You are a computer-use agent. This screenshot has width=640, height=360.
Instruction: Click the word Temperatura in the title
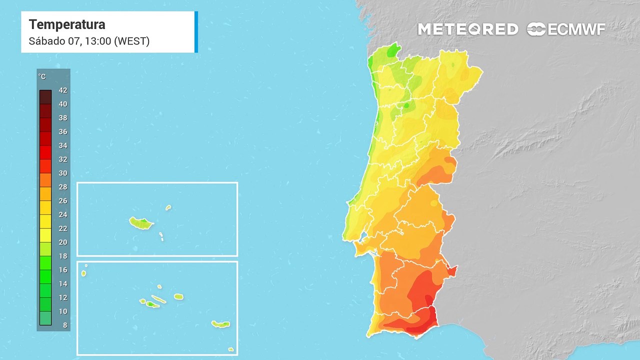pyautogui.click(x=67, y=24)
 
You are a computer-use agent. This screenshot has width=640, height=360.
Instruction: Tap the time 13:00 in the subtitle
pyautogui.click(x=98, y=41)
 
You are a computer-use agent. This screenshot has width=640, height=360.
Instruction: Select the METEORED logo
pyautogui.click(x=468, y=29)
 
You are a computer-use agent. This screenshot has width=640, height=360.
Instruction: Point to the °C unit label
pyautogui.click(x=42, y=76)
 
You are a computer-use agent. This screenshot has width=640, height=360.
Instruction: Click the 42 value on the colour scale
pyautogui.click(x=63, y=90)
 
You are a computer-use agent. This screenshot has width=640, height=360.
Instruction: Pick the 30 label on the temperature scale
pyautogui.click(x=63, y=173)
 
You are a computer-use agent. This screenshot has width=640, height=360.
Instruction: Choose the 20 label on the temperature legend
pyautogui.click(x=63, y=242)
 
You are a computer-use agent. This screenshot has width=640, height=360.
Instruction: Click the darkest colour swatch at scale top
pyautogui.click(x=45, y=96)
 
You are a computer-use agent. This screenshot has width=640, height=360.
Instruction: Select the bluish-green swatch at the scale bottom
pyautogui.click(x=45, y=318)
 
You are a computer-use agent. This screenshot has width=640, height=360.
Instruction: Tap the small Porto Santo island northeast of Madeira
pyautogui.click(x=168, y=207)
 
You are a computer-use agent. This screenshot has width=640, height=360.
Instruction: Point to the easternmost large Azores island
pyautogui.click(x=220, y=324)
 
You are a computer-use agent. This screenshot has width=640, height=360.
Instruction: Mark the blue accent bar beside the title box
pyautogui.click(x=196, y=31)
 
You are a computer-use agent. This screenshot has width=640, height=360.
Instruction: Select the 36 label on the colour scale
pyautogui.click(x=63, y=132)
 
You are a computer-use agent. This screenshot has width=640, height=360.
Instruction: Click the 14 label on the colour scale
pyautogui.click(x=63, y=284)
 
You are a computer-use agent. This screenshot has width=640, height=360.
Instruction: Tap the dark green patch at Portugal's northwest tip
pyautogui.click(x=394, y=49)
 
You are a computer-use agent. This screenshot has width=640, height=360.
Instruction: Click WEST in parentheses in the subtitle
pyautogui.click(x=132, y=41)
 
